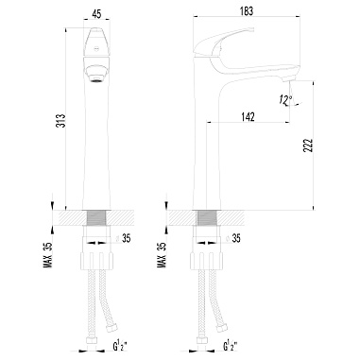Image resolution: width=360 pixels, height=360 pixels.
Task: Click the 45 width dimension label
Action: tap(97, 14)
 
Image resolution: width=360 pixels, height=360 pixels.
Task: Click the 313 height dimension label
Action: tap(61, 120)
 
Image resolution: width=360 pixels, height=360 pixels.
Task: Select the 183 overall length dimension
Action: tap(247, 11)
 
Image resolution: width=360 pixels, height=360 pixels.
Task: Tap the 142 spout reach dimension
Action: tap(248, 117)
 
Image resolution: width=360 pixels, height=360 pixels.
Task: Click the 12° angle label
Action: tap(285, 100)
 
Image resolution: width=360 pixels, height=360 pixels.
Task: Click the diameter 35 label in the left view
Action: tap(124, 238)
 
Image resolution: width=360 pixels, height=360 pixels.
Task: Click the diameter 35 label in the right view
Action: tap(233, 238)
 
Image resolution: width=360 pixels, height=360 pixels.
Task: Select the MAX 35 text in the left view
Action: tap(47, 254)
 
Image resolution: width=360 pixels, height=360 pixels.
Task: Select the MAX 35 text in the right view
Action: tap(162, 254)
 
